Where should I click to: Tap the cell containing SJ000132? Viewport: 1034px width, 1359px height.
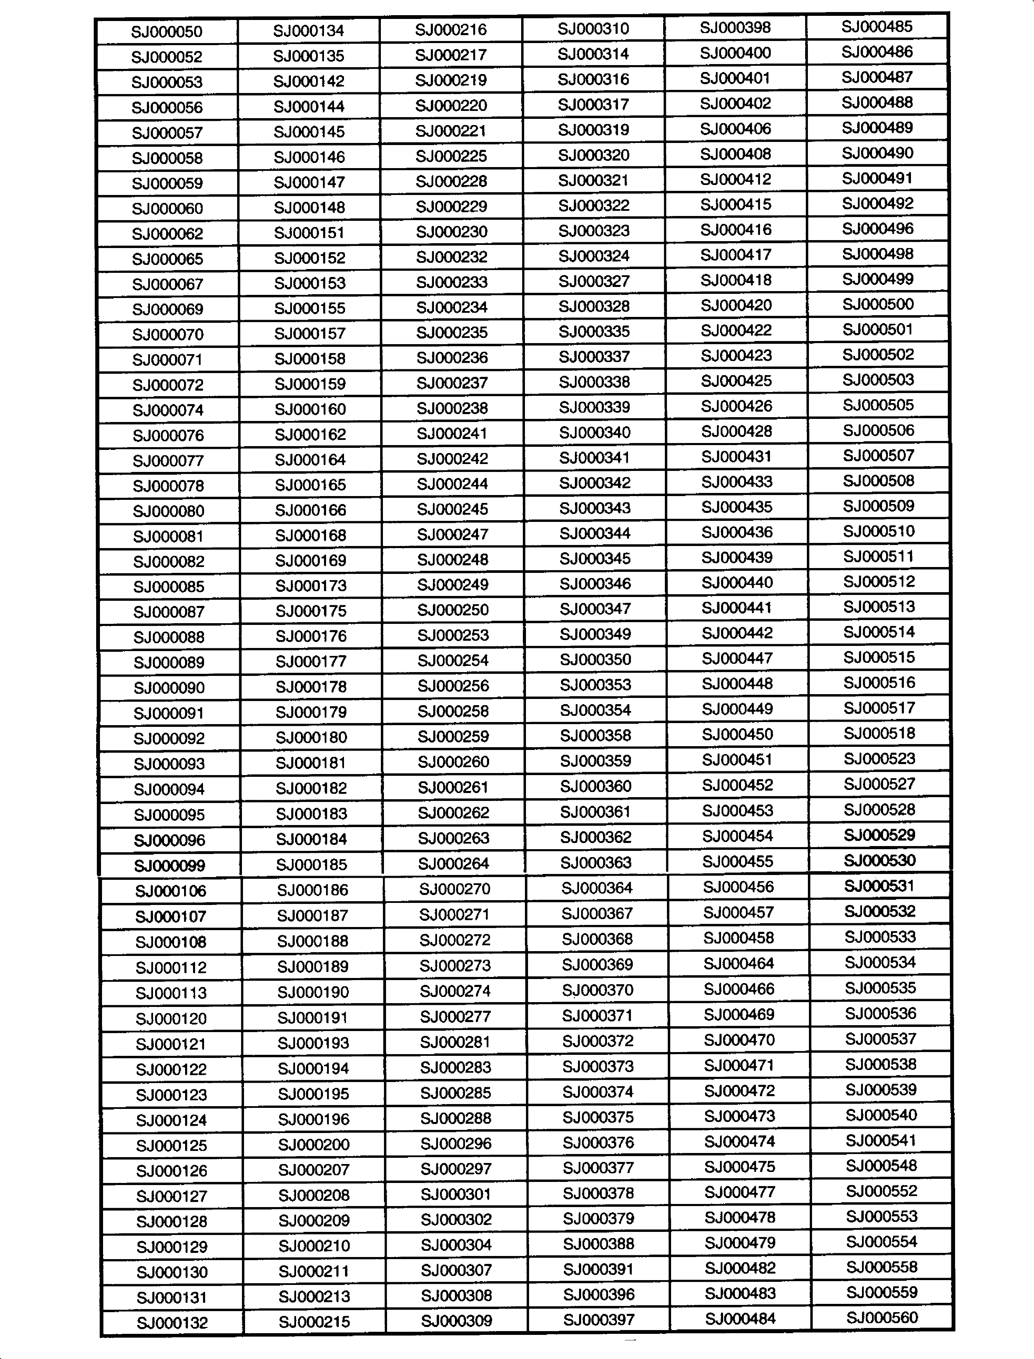pos(172,1323)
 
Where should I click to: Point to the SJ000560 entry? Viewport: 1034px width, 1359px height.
pos(882,1317)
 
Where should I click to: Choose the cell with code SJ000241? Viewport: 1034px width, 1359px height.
pos(452,434)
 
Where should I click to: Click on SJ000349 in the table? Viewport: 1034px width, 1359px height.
pos(595,634)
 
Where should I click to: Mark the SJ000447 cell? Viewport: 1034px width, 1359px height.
pos(737,658)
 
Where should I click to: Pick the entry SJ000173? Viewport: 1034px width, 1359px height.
pos(311,586)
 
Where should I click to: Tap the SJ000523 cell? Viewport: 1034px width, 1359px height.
pos(880,759)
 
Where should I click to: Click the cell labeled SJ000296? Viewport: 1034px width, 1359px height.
pos(455,1144)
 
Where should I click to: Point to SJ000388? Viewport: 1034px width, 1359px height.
pos(598,1244)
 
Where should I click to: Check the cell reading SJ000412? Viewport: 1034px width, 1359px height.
pos(736,179)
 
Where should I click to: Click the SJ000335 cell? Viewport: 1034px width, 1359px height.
pos(594,332)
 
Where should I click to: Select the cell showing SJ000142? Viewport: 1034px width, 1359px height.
pos(309,81)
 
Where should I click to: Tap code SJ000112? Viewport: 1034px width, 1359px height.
pos(171,968)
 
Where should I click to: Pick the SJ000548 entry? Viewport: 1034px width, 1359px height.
pos(881,1166)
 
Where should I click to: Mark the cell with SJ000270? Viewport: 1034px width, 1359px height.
pos(454,889)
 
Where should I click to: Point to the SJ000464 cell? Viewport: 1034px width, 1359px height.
pos(739,964)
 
